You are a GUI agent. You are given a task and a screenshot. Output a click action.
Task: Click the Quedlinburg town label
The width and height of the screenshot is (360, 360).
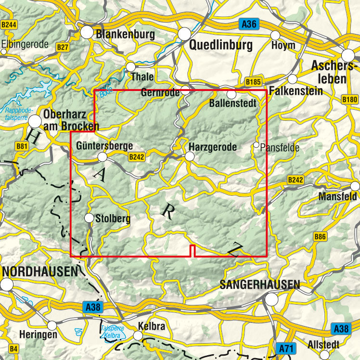click(x=221, y=46)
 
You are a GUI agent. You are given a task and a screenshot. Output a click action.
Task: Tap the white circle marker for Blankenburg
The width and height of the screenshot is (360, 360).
click(x=87, y=33)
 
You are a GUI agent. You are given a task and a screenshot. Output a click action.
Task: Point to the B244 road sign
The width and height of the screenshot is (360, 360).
click(x=8, y=25)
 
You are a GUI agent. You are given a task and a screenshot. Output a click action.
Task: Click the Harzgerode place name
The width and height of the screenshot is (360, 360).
click(x=213, y=147)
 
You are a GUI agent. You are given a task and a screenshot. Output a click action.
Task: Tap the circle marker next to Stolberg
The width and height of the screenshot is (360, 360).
click(x=89, y=219)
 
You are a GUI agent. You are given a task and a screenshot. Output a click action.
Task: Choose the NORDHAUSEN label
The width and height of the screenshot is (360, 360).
click(x=39, y=271)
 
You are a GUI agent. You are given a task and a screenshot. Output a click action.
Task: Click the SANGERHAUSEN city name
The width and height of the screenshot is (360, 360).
click(x=259, y=284)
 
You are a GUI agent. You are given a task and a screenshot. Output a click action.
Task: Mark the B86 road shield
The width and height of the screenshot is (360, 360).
click(x=320, y=237)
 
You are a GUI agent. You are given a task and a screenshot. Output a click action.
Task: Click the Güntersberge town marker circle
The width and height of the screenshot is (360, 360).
click(x=102, y=157)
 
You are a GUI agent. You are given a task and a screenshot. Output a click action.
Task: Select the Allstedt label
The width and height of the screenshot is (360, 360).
click(x=323, y=345)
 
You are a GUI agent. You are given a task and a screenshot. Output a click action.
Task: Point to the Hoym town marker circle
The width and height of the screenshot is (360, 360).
click(x=275, y=36)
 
